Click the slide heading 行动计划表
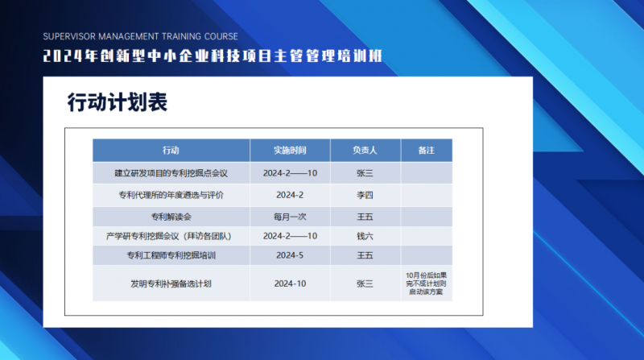tap(118, 102)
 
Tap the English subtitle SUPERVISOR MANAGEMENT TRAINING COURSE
tap(140, 36)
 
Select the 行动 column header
tap(171, 151)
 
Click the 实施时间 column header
tap(290, 151)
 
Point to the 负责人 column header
tap(365, 151)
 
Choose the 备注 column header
tap(427, 151)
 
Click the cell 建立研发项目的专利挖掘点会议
tap(171, 173)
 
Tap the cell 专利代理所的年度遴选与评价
tap(171, 195)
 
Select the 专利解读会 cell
tap(171, 217)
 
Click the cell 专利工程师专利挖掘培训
tap(171, 255)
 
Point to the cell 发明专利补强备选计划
tap(171, 283)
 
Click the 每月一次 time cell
tap(290, 217)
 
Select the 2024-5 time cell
tap(290, 255)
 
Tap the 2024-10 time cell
tap(290, 283)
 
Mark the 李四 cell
tap(365, 195)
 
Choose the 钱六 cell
tap(365, 236)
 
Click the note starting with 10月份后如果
tap(427, 283)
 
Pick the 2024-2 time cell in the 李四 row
tap(290, 195)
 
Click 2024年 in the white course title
tap(71, 56)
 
